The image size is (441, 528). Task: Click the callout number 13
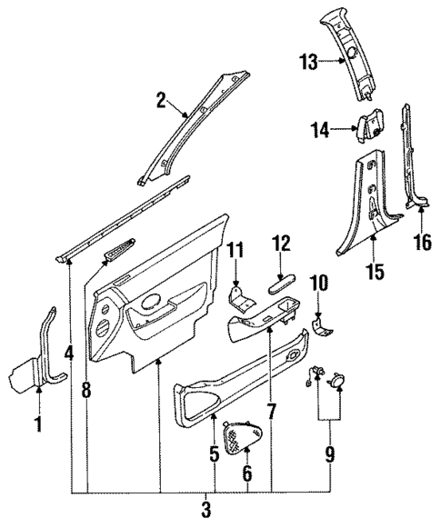[308, 62]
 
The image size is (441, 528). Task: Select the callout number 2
[161, 101]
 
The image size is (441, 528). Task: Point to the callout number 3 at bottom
[207, 508]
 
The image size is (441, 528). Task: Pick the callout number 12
[280, 243]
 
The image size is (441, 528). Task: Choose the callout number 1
[38, 423]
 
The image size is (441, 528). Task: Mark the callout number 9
[331, 453]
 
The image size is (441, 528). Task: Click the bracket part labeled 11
[241, 303]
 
